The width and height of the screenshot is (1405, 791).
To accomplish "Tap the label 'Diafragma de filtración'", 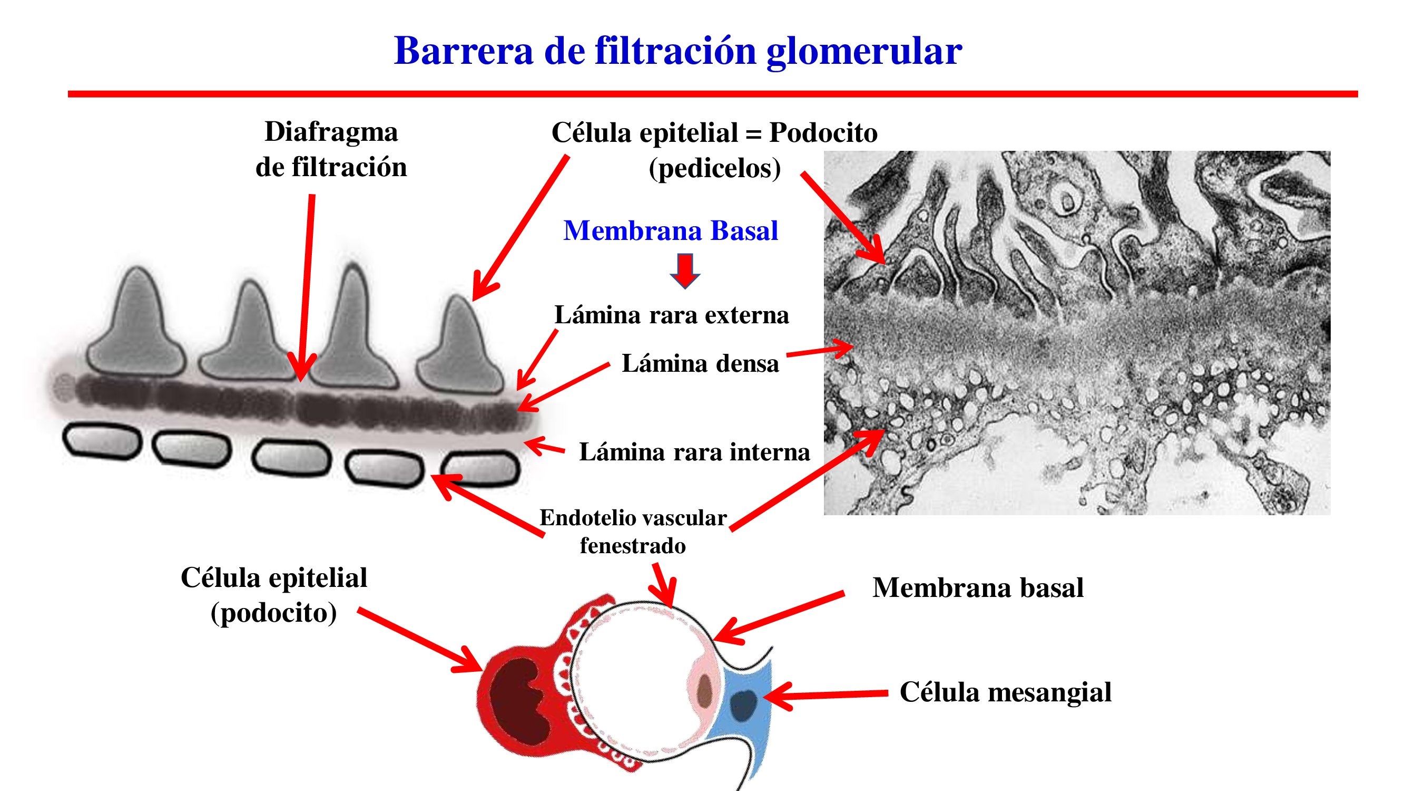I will pyautogui.click(x=331, y=150).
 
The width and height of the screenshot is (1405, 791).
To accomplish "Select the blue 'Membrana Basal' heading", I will pyautogui.click(x=670, y=231).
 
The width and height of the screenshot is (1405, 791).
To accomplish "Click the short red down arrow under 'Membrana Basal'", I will pyautogui.click(x=684, y=270).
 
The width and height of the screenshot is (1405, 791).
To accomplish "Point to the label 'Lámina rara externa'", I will pyautogui.click(x=671, y=315).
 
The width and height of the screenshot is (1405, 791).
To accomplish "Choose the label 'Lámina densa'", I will pyautogui.click(x=700, y=363).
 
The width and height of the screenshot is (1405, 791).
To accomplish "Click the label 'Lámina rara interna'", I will pyautogui.click(x=694, y=452).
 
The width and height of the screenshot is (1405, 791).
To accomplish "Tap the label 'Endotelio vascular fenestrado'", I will pyautogui.click(x=633, y=531).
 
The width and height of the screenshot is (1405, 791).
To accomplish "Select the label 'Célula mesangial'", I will pyautogui.click(x=1005, y=692).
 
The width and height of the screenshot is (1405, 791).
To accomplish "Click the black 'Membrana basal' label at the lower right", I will pyautogui.click(x=977, y=588).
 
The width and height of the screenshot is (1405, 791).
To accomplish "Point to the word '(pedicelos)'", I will pyautogui.click(x=714, y=168).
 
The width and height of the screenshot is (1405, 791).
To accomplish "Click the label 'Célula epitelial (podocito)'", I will pyautogui.click(x=274, y=595).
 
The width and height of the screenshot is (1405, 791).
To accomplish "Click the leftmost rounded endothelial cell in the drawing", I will pyautogui.click(x=102, y=441).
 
